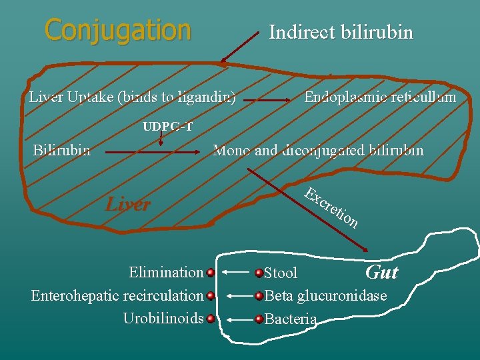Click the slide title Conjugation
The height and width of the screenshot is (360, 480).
point(117,30)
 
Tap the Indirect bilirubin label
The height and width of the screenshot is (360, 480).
point(341,32)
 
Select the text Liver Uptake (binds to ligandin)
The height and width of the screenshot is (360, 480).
point(132,97)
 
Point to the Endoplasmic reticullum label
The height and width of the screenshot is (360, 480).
point(380,97)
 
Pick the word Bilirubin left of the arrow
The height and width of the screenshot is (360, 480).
point(62,150)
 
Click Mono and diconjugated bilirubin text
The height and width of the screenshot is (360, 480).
point(317,150)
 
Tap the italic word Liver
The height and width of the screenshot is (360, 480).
point(128,204)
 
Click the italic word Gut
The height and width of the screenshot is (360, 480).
point(381,272)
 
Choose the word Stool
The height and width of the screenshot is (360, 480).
point(281,273)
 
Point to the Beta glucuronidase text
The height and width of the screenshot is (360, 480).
point(325,295)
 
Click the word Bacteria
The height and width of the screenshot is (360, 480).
point(291,319)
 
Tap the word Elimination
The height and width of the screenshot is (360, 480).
point(166,272)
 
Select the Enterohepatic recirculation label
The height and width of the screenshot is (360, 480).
point(117,295)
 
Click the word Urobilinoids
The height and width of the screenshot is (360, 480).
point(163,318)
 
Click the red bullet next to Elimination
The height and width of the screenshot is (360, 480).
point(210,273)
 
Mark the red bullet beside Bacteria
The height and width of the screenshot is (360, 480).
point(259,319)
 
